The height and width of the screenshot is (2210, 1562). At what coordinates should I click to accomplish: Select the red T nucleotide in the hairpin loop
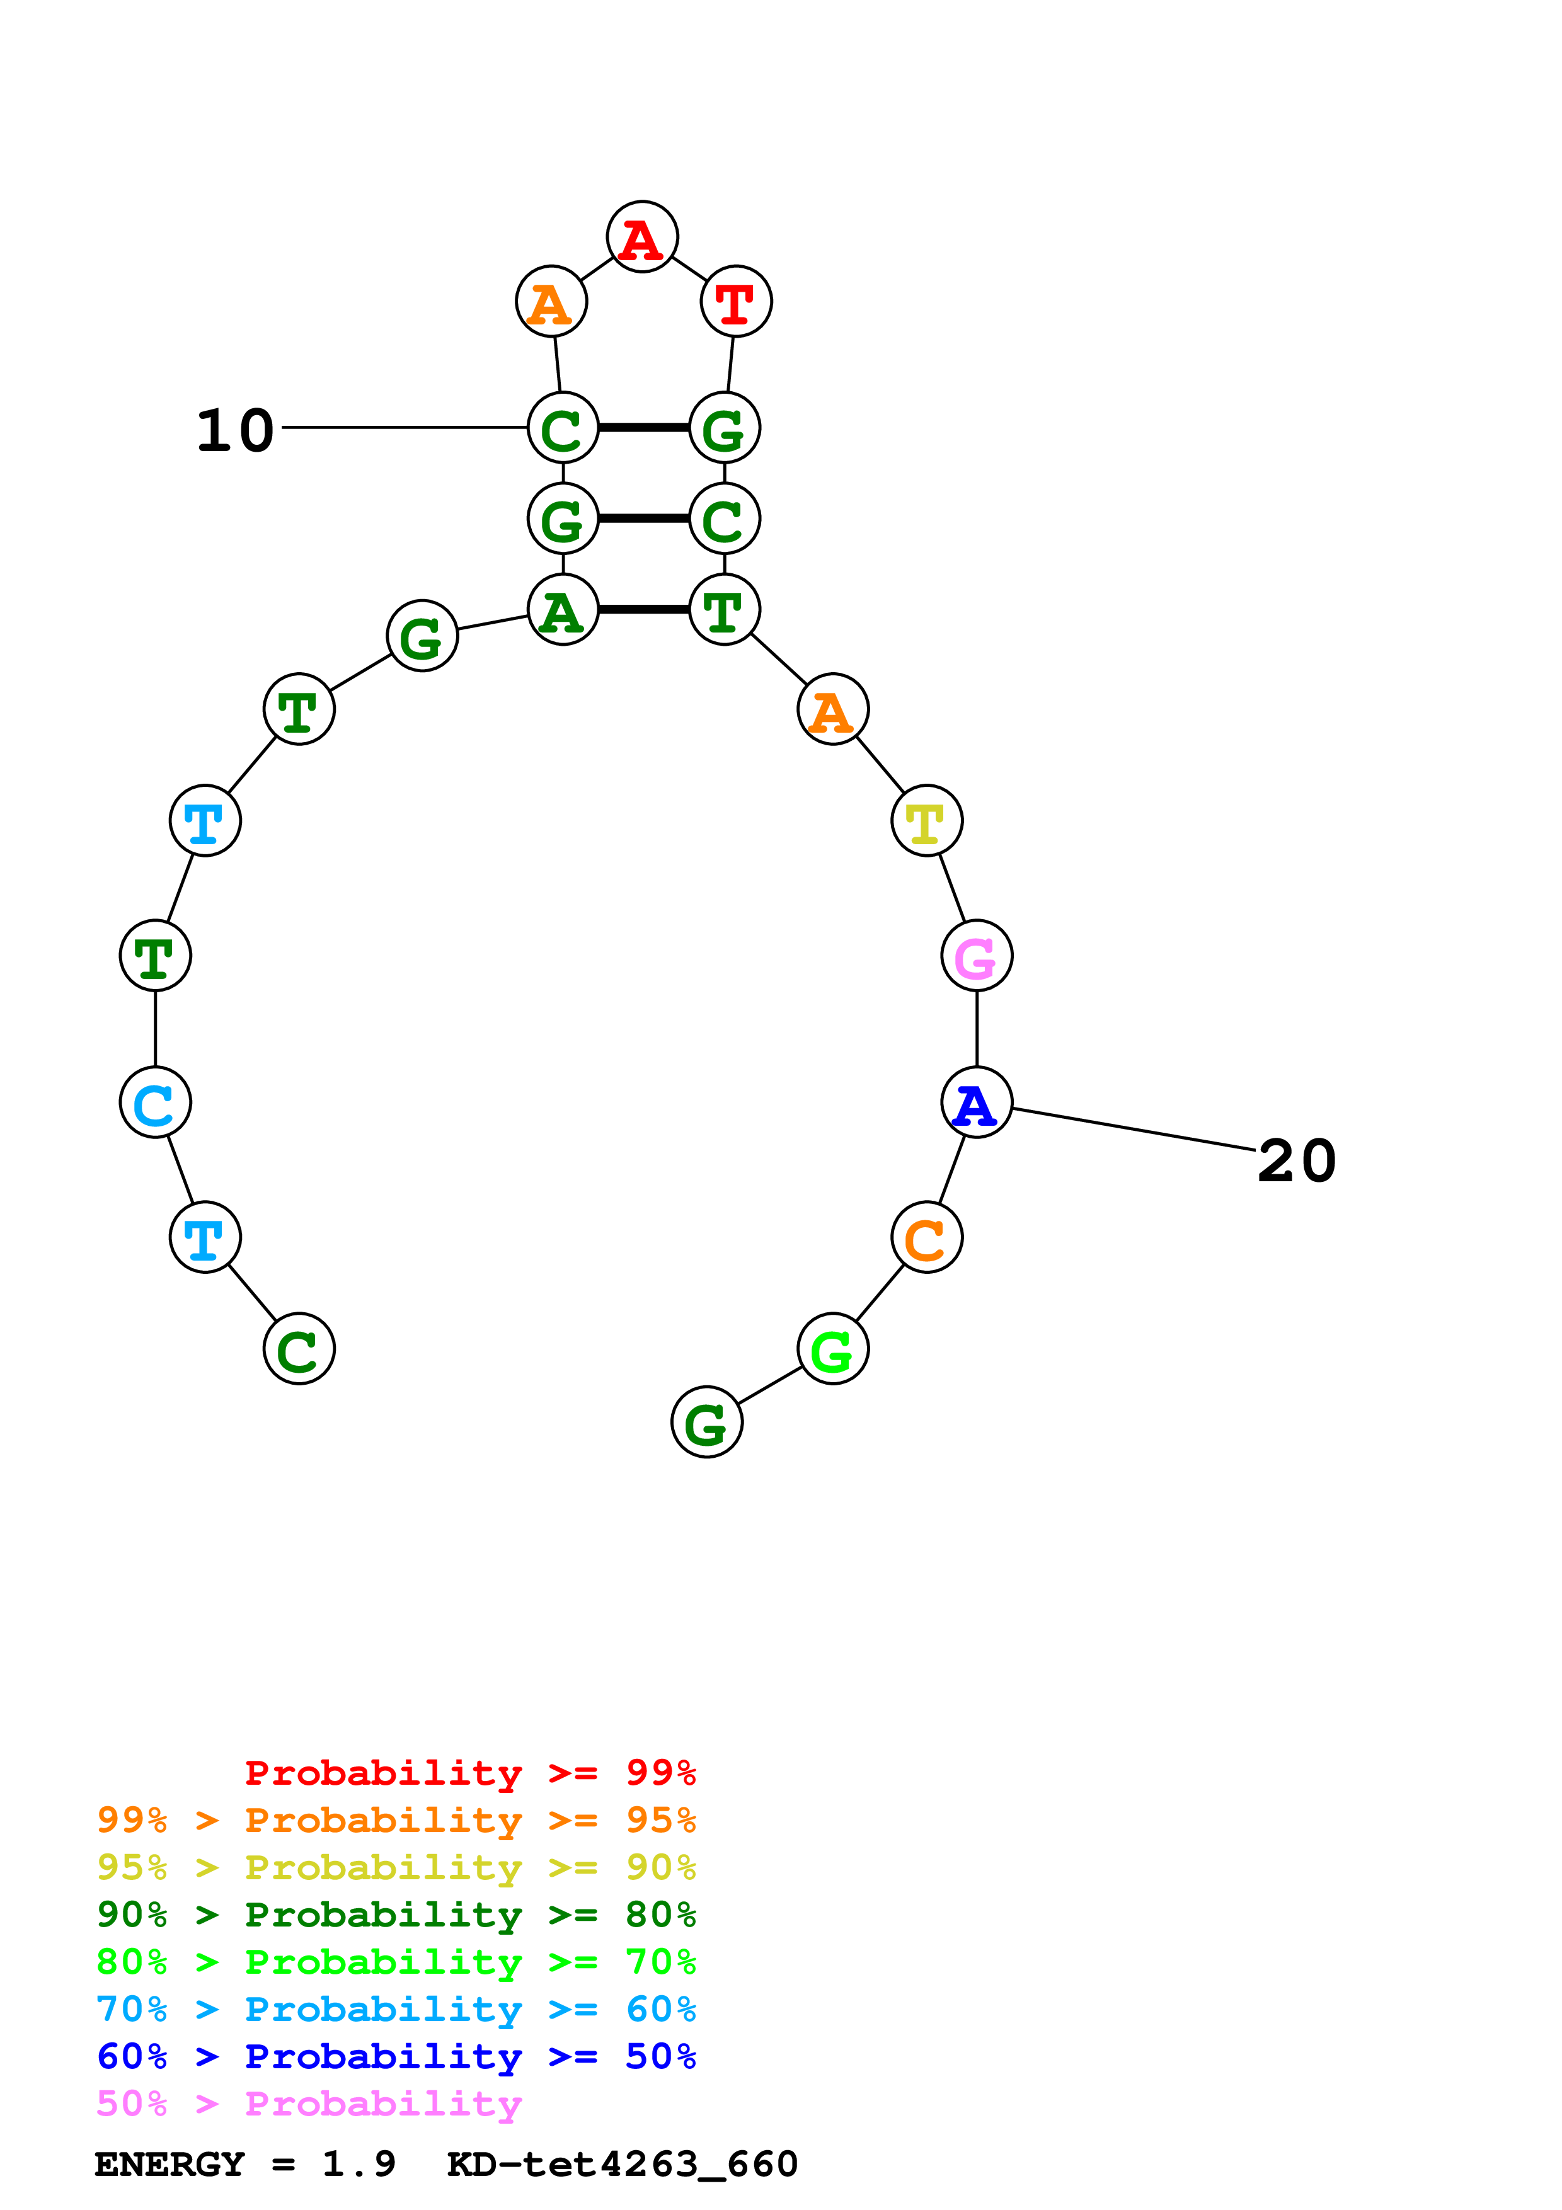pos(736,302)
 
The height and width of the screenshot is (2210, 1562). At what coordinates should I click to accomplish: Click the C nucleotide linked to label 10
pos(563,428)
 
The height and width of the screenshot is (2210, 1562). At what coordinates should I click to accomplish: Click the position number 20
pos(1296,1161)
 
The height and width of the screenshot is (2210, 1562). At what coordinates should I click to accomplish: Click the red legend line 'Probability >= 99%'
pos(469,1773)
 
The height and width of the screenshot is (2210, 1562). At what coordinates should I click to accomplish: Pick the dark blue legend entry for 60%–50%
pos(396,2057)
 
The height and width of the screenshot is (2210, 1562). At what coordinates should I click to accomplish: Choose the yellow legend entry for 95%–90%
pos(396,1867)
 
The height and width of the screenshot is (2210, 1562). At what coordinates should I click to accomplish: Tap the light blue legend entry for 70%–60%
pos(396,2010)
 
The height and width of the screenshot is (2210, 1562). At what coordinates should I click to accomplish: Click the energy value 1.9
pos(358,2165)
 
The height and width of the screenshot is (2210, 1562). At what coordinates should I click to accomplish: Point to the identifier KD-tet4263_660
pos(623,2165)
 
